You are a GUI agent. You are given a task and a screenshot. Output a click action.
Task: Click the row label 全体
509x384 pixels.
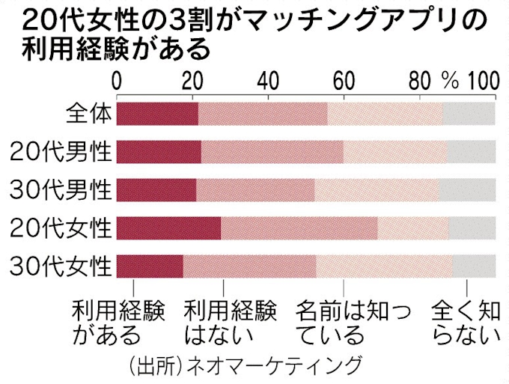[x=88, y=113]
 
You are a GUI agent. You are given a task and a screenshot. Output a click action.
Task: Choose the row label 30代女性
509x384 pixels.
[x=61, y=266]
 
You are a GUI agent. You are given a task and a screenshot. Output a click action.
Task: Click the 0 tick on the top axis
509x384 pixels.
[x=117, y=80]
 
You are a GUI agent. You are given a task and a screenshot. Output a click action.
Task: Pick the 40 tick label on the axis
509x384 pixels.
[x=268, y=80]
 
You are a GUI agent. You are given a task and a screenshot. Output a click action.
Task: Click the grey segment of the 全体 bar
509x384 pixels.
[x=469, y=113]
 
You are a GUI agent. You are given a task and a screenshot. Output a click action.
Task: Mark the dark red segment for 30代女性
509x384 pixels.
[x=150, y=266]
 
